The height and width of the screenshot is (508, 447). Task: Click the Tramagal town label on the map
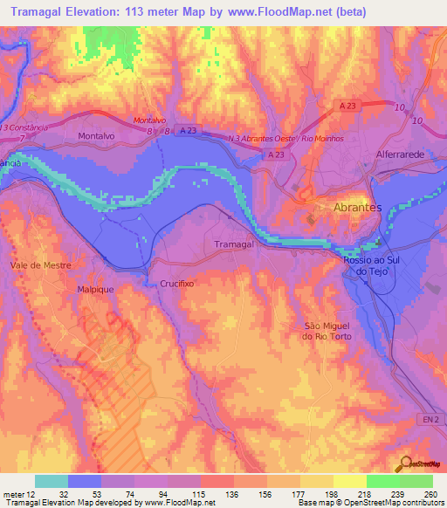pyautogui.click(x=233, y=245)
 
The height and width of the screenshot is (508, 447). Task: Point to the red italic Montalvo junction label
pyautogui.click(x=149, y=120)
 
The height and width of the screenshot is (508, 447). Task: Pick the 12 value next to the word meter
pyautogui.click(x=32, y=491)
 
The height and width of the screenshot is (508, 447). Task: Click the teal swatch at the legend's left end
pyautogui.click(x=52, y=480)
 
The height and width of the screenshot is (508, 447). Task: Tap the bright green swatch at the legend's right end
pyautogui.click(x=416, y=480)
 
